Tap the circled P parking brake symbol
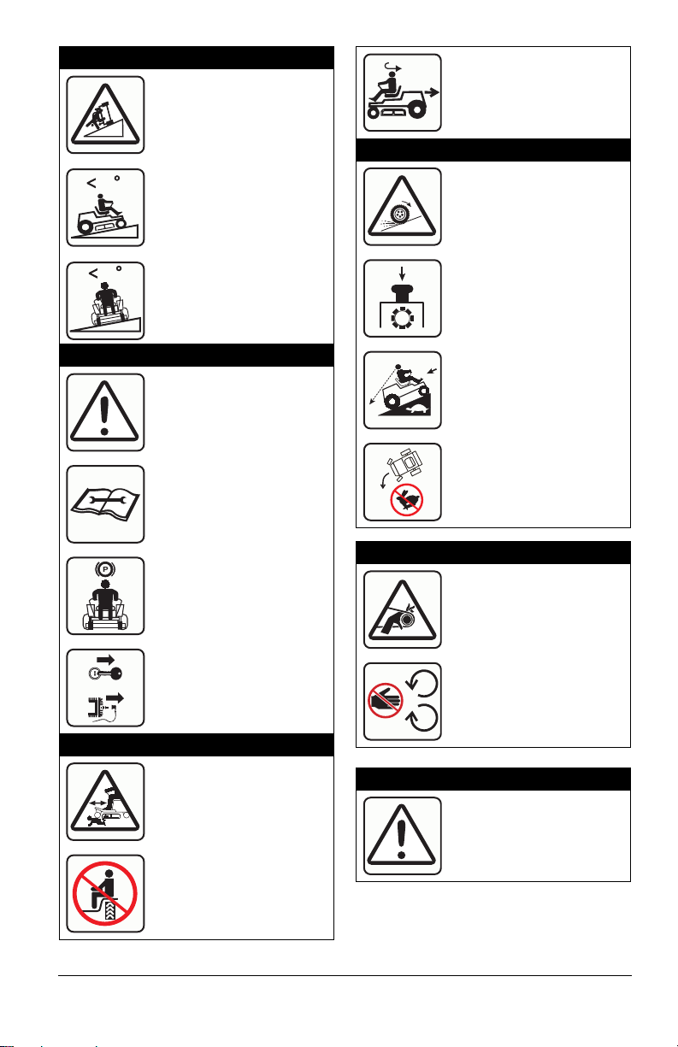point(105,569)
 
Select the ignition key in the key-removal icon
point(105,673)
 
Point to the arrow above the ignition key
point(106,660)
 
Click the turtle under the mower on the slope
point(416,409)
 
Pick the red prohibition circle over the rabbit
point(407,500)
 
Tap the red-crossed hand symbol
point(386,700)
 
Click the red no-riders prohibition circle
point(105,893)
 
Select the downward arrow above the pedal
point(402,274)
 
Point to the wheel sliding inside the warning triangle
point(400,214)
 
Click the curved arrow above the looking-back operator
point(392,68)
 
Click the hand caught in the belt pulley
point(395,621)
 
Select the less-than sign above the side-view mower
point(91,183)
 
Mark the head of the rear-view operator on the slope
point(105,285)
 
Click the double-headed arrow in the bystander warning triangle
point(97,802)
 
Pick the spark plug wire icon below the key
point(103,707)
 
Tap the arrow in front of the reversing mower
point(432,92)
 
